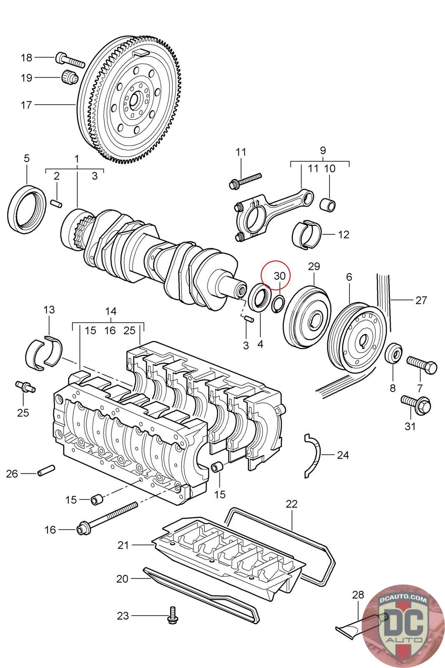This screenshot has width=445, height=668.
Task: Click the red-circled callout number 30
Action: (x=279, y=276)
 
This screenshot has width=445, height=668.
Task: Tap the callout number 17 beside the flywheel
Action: (x=26, y=105)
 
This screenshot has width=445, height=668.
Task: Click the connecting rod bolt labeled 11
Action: (x=245, y=180)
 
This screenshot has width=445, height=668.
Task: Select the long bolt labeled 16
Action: (x=107, y=518)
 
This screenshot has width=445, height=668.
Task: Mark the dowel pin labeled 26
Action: (x=46, y=471)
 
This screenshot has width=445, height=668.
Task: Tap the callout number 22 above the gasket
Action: (x=292, y=504)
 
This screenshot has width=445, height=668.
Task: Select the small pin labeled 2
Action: (x=56, y=203)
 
